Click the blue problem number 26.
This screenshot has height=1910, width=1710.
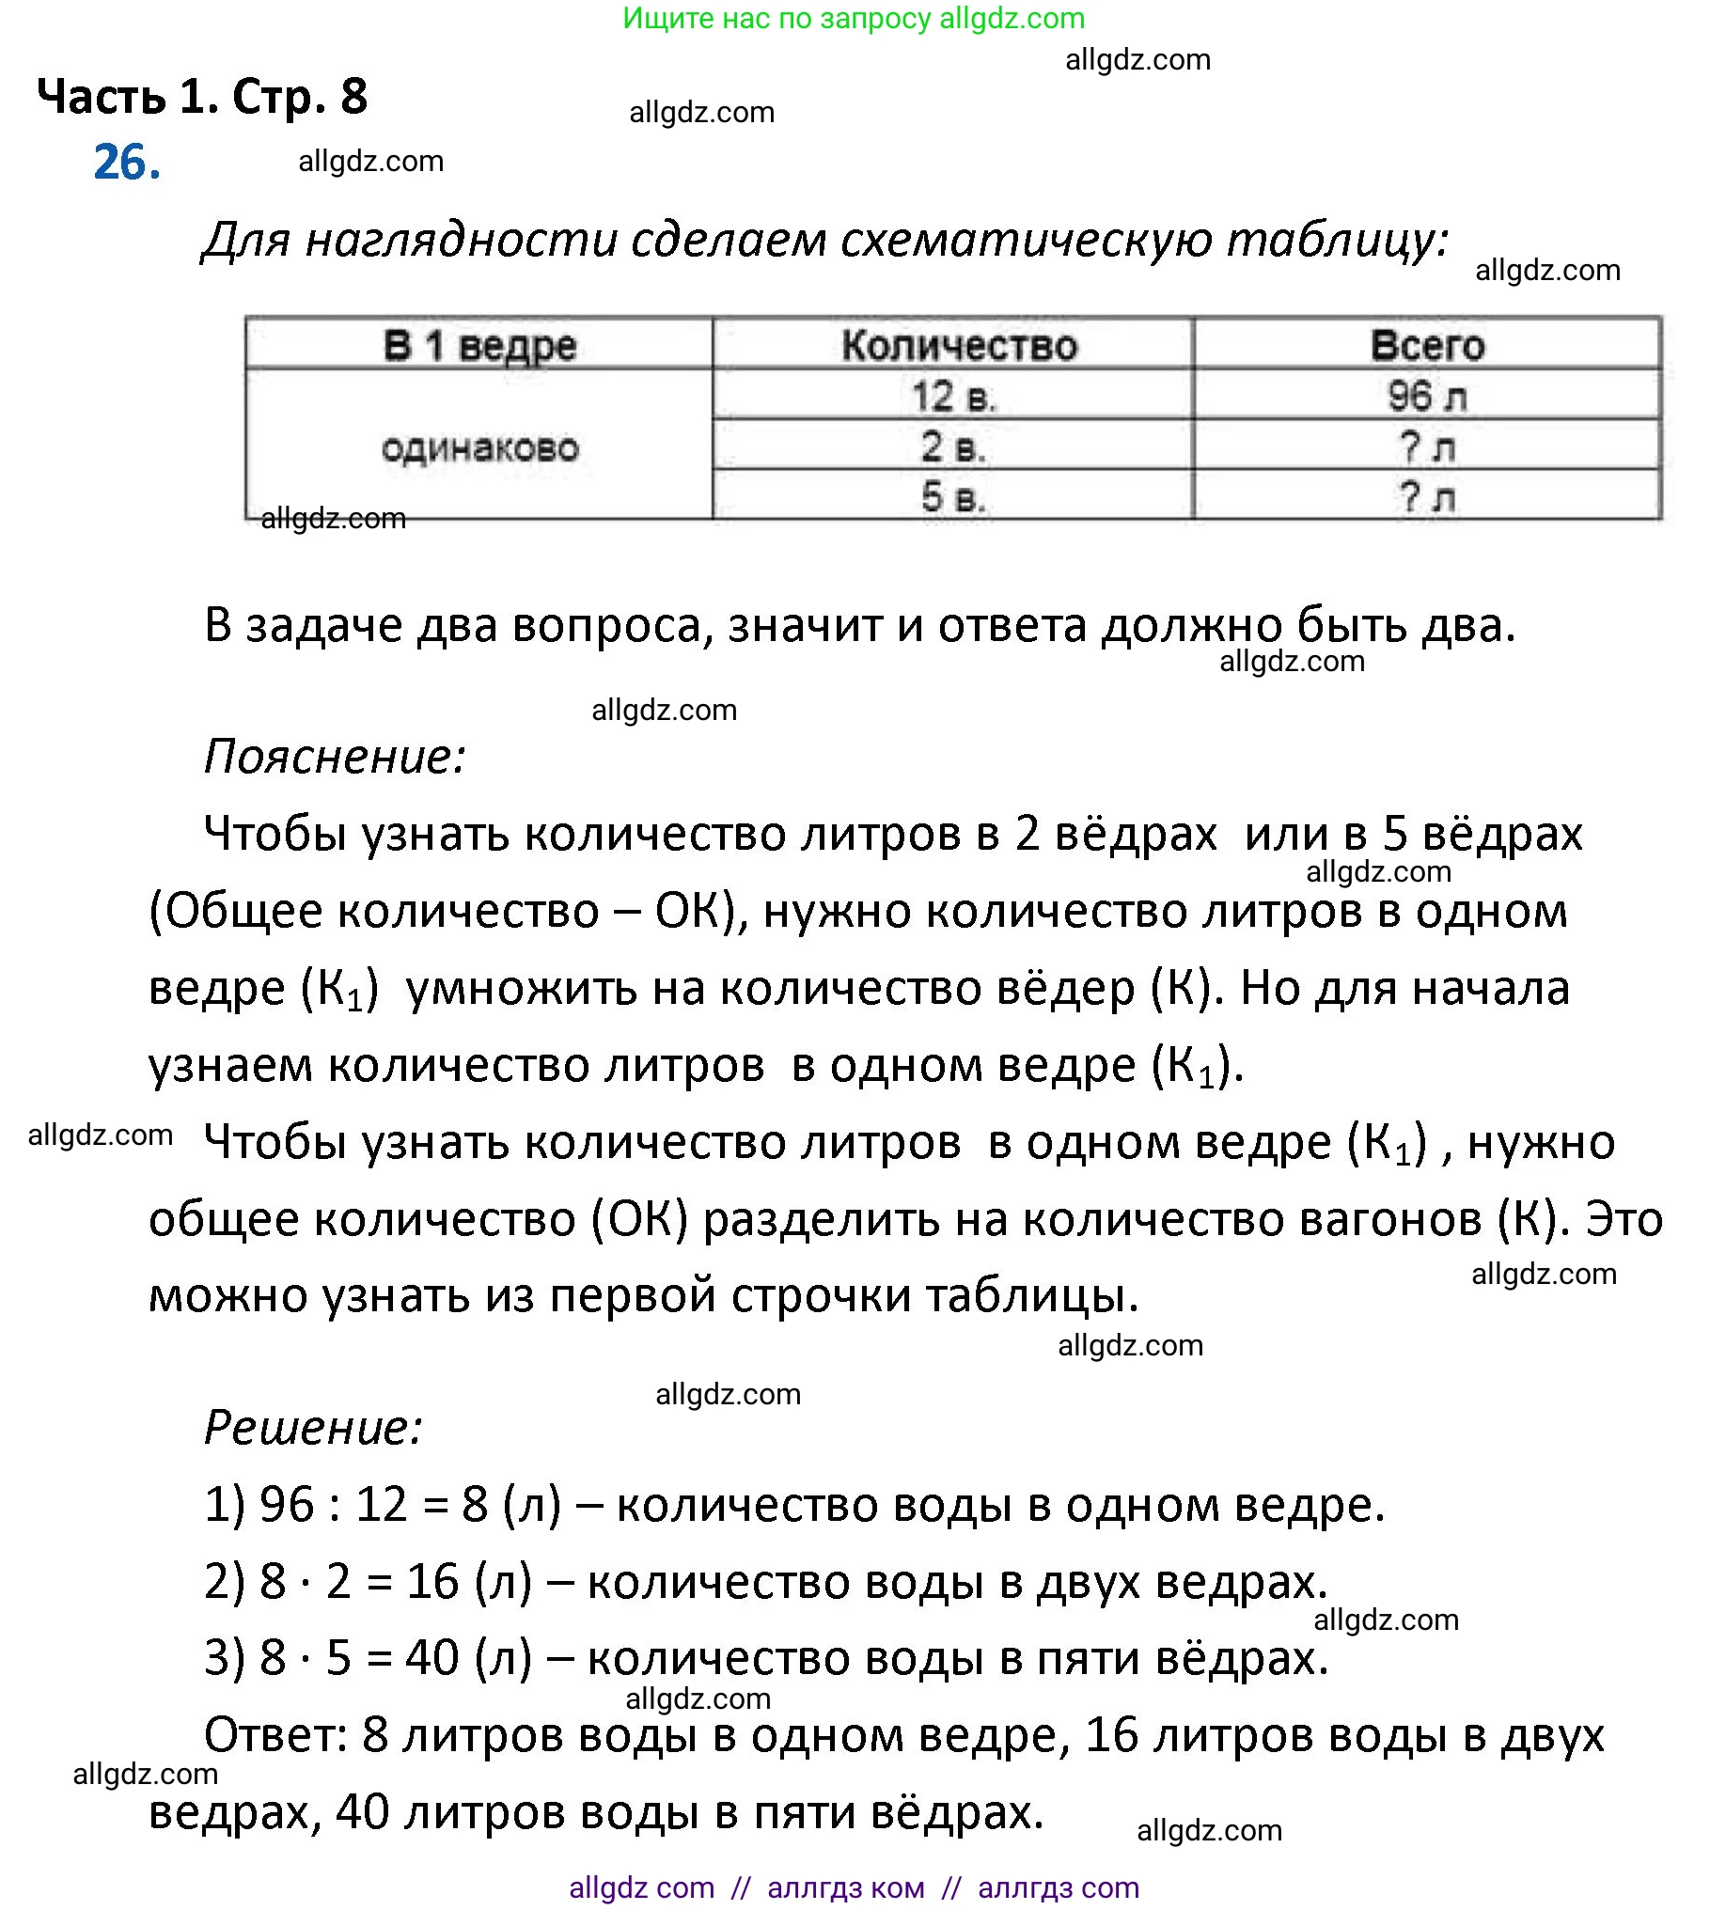coord(127,163)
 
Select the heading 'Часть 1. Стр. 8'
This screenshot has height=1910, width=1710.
coord(202,96)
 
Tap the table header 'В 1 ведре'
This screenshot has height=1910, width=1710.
coord(479,346)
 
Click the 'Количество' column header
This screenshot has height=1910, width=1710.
coord(959,346)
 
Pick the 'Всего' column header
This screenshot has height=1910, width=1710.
coord(1427,346)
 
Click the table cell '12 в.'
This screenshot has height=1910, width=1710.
coord(953,397)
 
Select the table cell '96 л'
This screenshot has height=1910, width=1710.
coord(1427,397)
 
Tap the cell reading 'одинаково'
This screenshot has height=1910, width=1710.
coord(479,447)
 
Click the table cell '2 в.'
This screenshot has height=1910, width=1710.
coord(953,447)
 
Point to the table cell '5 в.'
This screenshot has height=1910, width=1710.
coord(953,497)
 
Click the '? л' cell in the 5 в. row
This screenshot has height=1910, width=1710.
coord(1427,497)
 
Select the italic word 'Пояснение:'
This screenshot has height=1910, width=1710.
coord(335,758)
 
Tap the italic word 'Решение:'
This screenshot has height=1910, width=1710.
coord(313,1429)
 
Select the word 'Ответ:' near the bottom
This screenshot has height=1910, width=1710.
coord(276,1736)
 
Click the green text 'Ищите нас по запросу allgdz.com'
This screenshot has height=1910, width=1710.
coord(854,18)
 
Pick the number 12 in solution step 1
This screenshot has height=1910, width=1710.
coord(381,1506)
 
